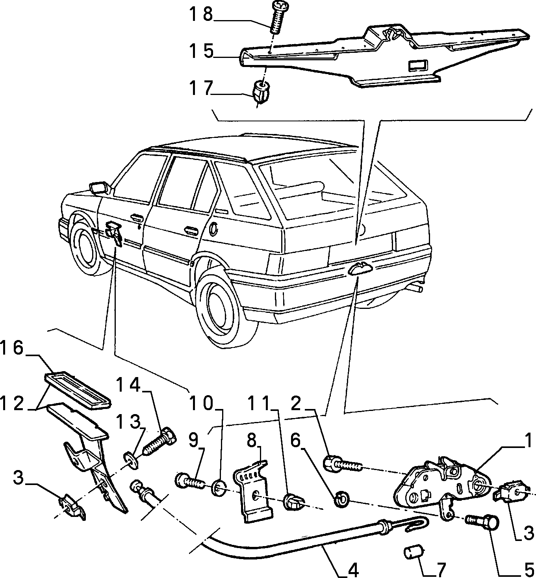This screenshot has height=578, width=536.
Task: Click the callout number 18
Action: pyautogui.click(x=201, y=15)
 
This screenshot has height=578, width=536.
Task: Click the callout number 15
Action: pyautogui.click(x=201, y=51)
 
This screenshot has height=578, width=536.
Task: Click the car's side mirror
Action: pyautogui.click(x=98, y=188)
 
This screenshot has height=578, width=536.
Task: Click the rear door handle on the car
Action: pyautogui.click(x=190, y=229)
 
